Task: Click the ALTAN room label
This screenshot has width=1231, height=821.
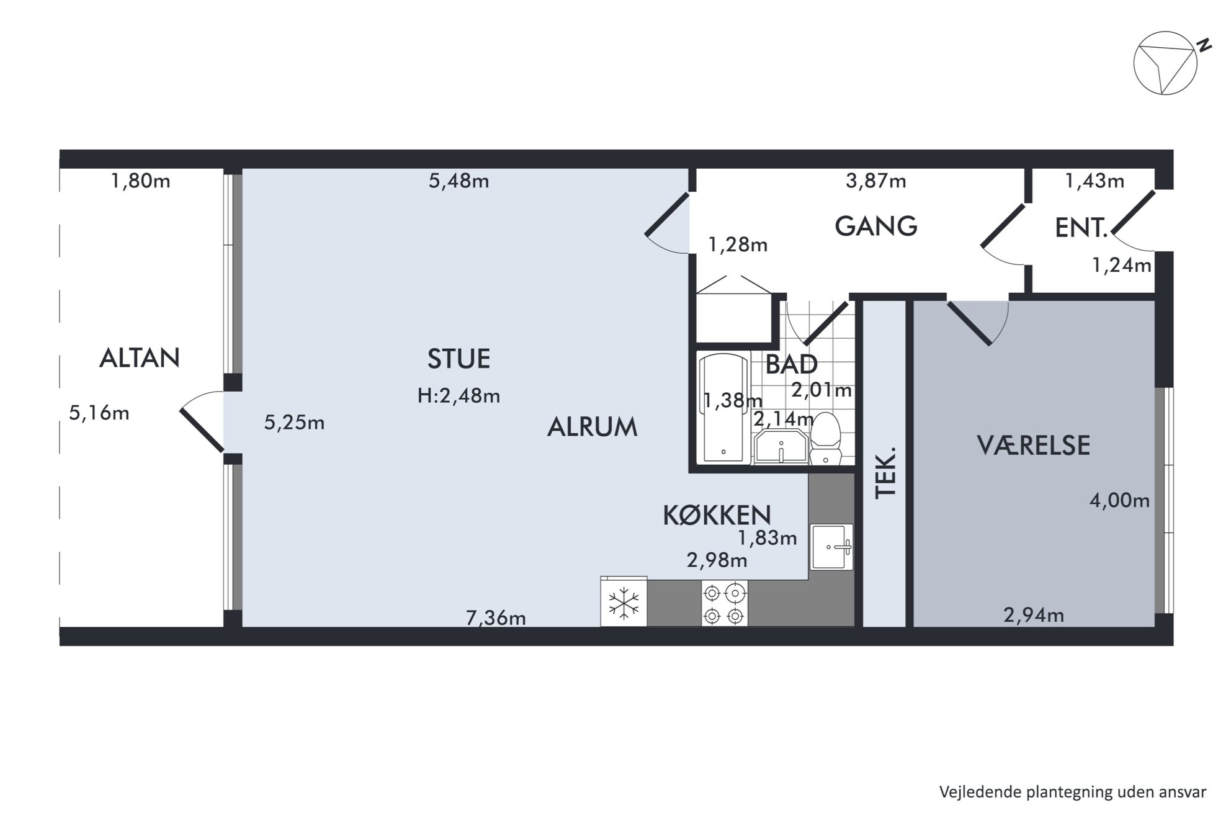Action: [x=140, y=358]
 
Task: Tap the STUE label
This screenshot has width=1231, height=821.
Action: [x=459, y=359]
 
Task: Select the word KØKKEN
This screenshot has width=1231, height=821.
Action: [x=717, y=516]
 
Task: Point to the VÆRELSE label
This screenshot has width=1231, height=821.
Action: [x=1033, y=446]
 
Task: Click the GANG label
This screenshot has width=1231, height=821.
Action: [x=875, y=226]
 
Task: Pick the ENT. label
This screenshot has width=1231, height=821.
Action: [x=1081, y=228]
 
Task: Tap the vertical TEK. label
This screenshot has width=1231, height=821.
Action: [x=886, y=472]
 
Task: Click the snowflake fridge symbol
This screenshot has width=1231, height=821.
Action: [x=624, y=602]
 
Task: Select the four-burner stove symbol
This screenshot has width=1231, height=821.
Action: [x=724, y=603]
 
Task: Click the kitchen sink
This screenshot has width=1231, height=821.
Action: [x=831, y=547]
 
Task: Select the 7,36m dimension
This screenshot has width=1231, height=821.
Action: [x=496, y=618]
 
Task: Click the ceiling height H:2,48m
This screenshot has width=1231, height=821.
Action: [x=459, y=396]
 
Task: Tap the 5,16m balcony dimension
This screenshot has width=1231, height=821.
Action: [x=99, y=413]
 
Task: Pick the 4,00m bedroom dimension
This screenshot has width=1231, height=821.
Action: [x=1120, y=500]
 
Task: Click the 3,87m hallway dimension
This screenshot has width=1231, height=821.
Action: [x=875, y=181]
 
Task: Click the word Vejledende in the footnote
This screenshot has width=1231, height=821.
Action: [x=970, y=792]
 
